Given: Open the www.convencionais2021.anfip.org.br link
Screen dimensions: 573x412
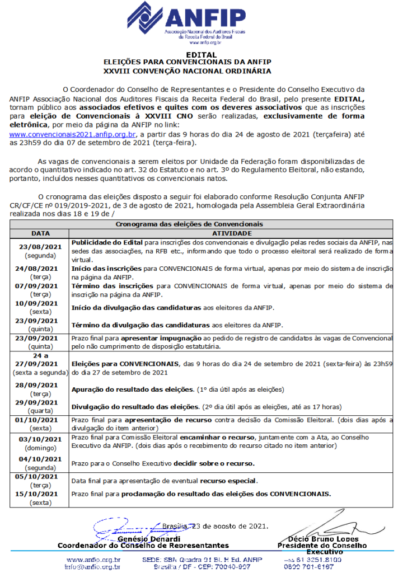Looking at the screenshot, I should click(73, 134).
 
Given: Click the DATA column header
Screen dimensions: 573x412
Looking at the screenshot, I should click(40, 233).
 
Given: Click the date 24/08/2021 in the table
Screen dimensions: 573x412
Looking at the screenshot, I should click(39, 268).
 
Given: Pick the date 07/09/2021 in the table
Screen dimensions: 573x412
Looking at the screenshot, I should click(39, 285).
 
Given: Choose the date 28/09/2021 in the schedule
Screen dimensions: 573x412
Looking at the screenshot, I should click(39, 386).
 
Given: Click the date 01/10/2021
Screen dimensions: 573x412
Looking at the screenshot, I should click(39, 419).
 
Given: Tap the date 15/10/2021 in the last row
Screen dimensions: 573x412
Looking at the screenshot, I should click(39, 494).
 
